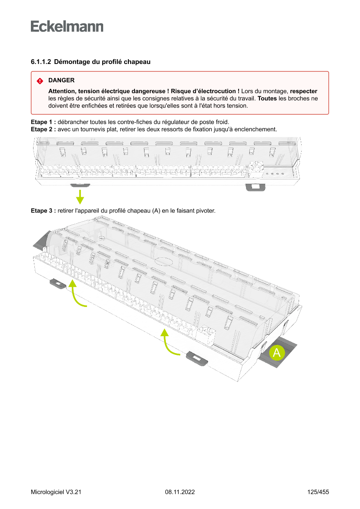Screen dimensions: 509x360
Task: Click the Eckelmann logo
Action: tap(67, 26)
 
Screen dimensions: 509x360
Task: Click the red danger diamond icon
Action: tap(40, 81)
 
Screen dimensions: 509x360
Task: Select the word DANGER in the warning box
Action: tap(61, 81)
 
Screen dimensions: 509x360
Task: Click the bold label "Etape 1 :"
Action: tap(43, 121)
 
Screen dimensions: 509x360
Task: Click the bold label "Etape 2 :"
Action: tap(43, 129)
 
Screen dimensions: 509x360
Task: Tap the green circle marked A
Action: tap(276, 353)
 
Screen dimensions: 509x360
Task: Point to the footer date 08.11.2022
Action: tap(180, 492)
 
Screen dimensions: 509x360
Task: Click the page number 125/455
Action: tap(318, 492)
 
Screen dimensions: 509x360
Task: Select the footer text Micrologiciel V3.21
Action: tap(56, 492)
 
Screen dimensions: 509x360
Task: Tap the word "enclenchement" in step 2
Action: tap(256, 129)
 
